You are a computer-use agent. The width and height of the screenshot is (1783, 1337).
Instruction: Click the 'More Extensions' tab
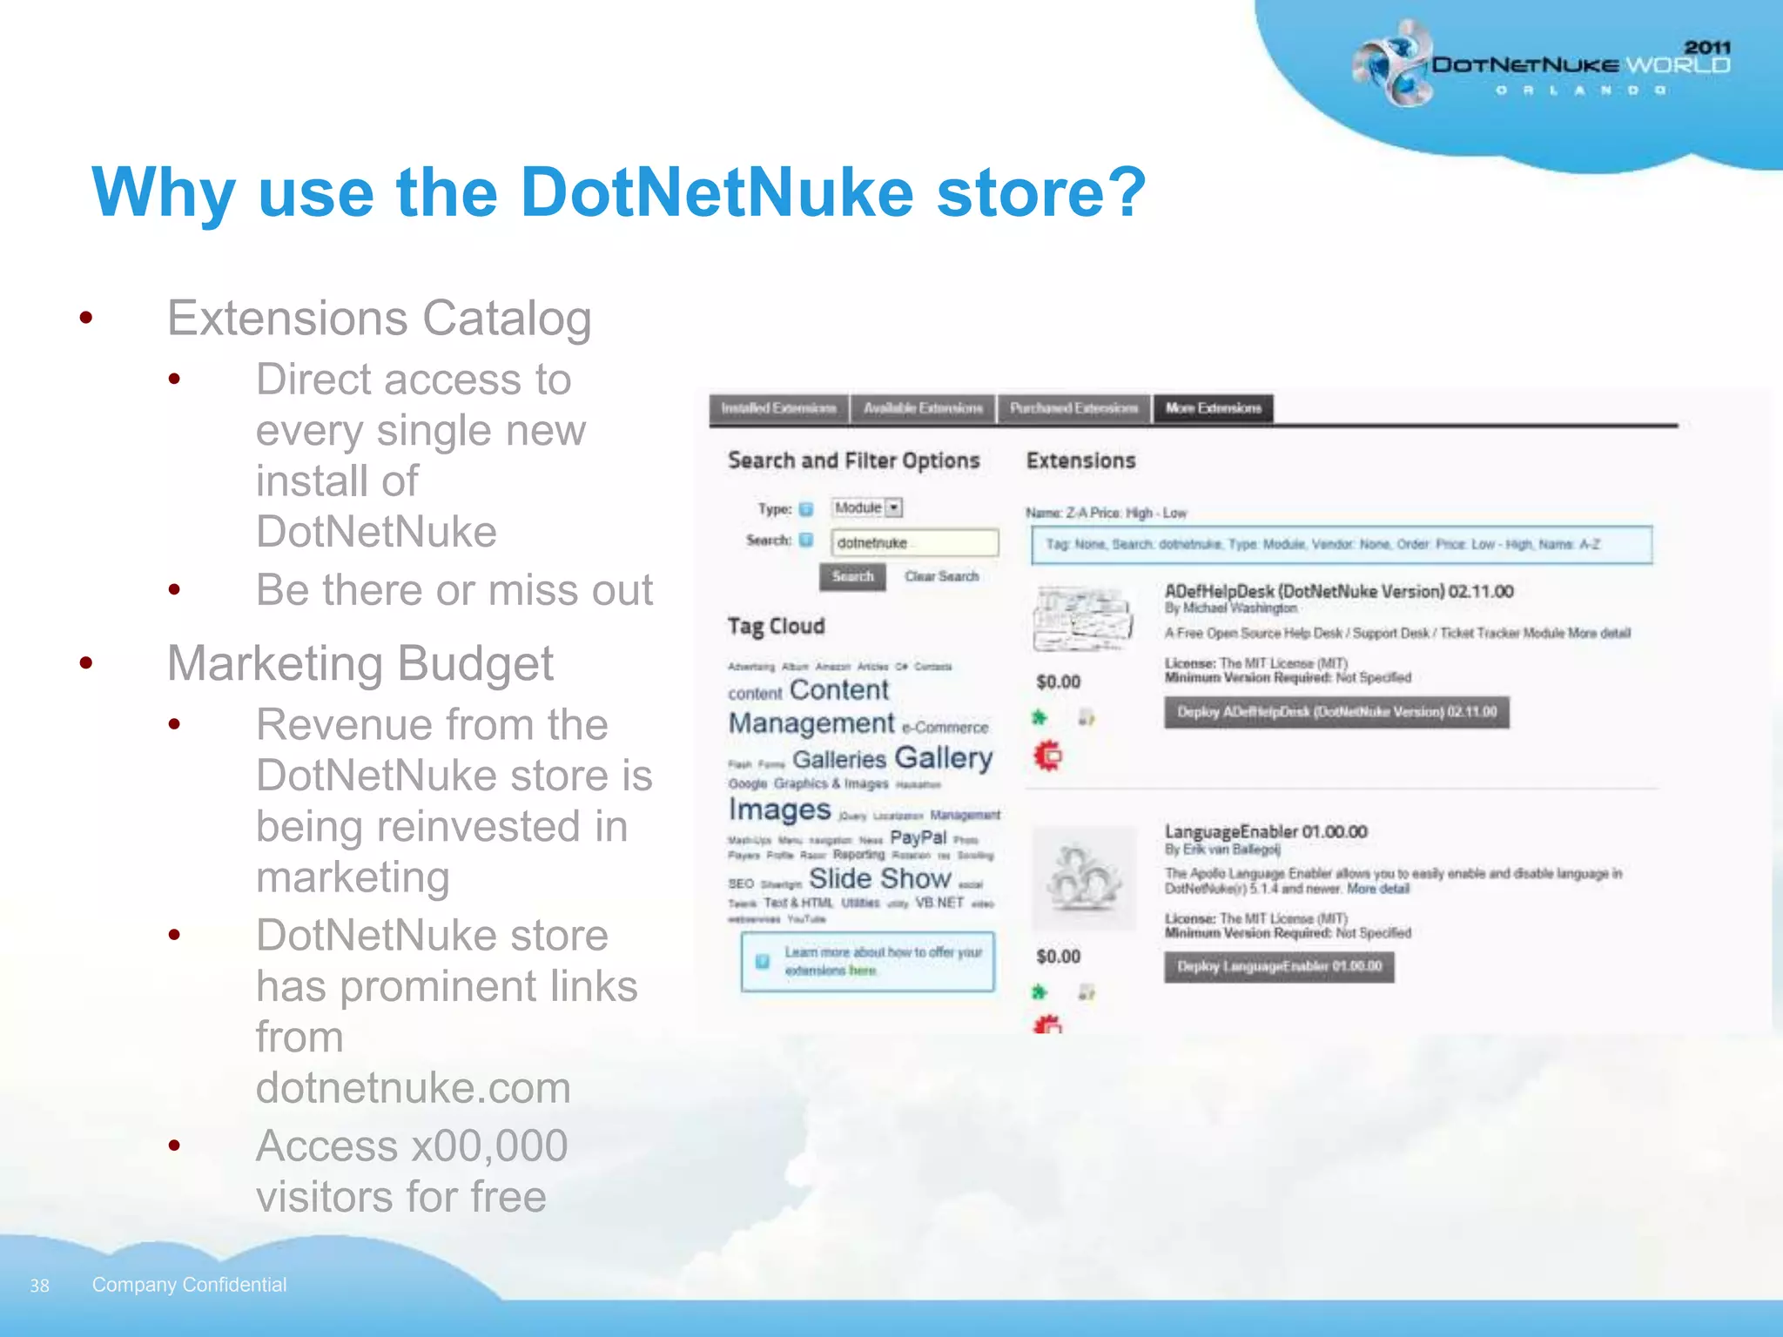click(x=1213, y=408)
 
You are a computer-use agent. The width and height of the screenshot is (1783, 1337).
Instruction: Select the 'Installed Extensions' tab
click(x=779, y=408)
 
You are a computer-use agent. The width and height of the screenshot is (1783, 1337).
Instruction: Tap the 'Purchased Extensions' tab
click(x=1073, y=408)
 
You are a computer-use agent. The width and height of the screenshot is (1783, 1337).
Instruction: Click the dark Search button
click(x=852, y=576)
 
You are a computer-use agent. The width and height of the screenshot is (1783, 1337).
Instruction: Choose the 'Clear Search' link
click(x=941, y=576)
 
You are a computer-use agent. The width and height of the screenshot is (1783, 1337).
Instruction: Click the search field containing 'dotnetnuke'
click(x=914, y=542)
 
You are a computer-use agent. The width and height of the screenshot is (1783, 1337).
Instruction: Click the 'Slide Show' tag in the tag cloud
click(x=879, y=878)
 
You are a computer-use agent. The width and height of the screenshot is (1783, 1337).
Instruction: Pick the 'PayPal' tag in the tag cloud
click(x=918, y=837)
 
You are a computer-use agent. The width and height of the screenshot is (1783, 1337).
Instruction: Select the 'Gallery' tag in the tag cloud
click(x=943, y=757)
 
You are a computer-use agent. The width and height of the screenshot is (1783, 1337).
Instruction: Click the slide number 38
click(x=39, y=1286)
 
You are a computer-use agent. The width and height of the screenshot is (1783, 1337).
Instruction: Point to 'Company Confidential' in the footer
click(x=189, y=1285)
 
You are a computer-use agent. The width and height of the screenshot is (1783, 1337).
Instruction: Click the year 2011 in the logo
click(x=1706, y=47)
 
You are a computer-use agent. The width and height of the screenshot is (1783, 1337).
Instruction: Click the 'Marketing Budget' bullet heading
click(x=360, y=663)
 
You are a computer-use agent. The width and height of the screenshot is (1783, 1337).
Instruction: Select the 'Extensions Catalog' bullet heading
click(x=379, y=318)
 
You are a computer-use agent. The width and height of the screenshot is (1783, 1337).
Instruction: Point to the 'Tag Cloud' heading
click(x=776, y=626)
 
